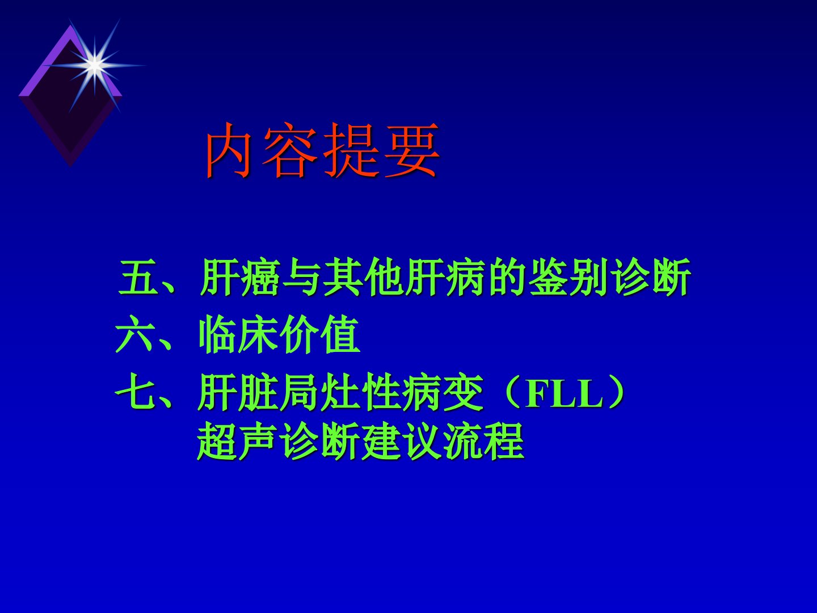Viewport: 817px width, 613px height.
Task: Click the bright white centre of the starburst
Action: (95, 65)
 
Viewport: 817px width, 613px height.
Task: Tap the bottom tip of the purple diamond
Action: (70, 165)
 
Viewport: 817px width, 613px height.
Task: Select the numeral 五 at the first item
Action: (138, 277)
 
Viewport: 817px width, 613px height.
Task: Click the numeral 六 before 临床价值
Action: (134, 334)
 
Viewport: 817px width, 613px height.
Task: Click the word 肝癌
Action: (239, 277)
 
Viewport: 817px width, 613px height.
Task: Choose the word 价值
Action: (320, 334)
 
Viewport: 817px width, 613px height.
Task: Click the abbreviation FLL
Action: (564, 394)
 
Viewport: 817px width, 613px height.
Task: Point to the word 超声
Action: (238, 442)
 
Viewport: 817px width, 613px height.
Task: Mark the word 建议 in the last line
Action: (401, 442)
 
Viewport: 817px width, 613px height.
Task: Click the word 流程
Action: (484, 442)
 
